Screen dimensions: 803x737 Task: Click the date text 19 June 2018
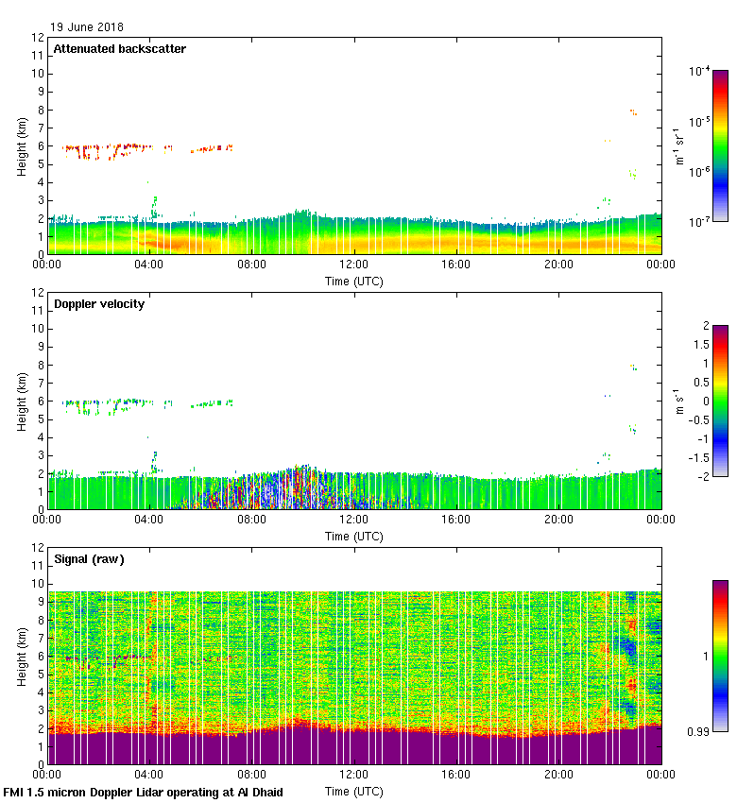(x=86, y=27)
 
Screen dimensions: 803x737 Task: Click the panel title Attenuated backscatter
(x=119, y=49)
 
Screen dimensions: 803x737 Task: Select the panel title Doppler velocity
(x=99, y=304)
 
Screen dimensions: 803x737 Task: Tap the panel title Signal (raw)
(x=89, y=559)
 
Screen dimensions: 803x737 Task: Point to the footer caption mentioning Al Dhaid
(x=143, y=792)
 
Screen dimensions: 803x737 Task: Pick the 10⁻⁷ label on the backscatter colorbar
(x=699, y=222)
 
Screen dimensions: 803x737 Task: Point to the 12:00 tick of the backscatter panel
(x=354, y=265)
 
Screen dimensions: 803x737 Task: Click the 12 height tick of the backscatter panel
(x=38, y=38)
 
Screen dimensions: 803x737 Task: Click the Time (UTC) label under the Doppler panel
(x=354, y=536)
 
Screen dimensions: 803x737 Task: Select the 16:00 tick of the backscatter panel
(x=456, y=265)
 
